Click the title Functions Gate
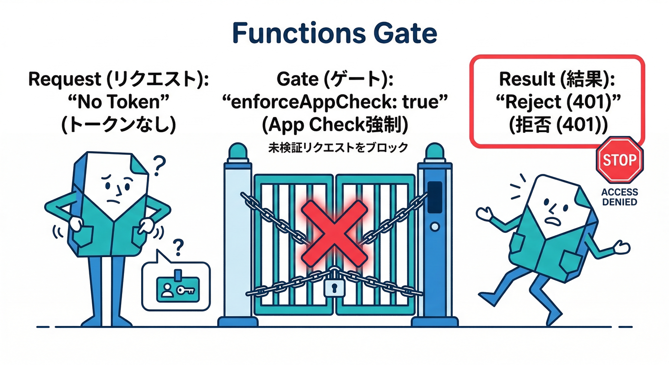[334, 33]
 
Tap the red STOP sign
[619, 160]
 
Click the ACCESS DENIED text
[619, 197]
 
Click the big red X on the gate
[334, 225]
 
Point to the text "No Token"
[118, 102]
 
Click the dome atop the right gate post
[435, 152]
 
